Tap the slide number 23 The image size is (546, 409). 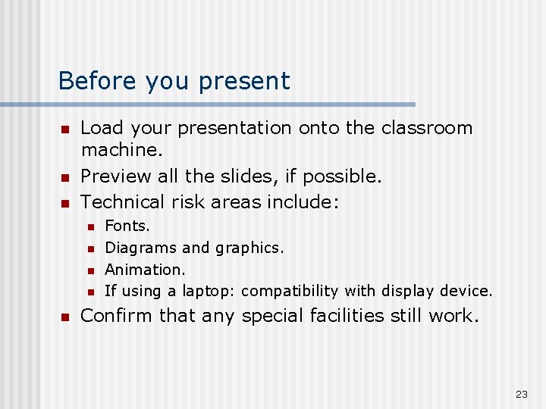click(x=521, y=394)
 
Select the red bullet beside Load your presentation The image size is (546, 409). click(x=64, y=130)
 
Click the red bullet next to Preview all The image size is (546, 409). click(x=64, y=178)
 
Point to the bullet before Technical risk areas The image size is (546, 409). click(x=64, y=203)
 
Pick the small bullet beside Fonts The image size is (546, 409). click(x=89, y=226)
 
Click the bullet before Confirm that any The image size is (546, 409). click(x=64, y=317)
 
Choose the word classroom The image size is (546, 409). click(x=427, y=128)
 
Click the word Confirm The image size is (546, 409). click(x=117, y=315)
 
